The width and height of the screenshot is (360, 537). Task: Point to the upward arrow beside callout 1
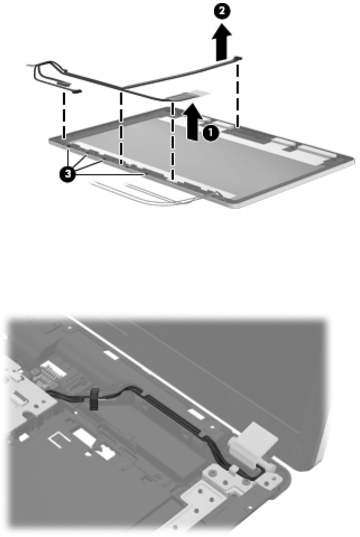click(193, 122)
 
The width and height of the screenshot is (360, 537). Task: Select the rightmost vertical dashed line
click(238, 95)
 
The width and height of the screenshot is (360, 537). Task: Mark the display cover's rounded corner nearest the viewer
click(237, 205)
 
